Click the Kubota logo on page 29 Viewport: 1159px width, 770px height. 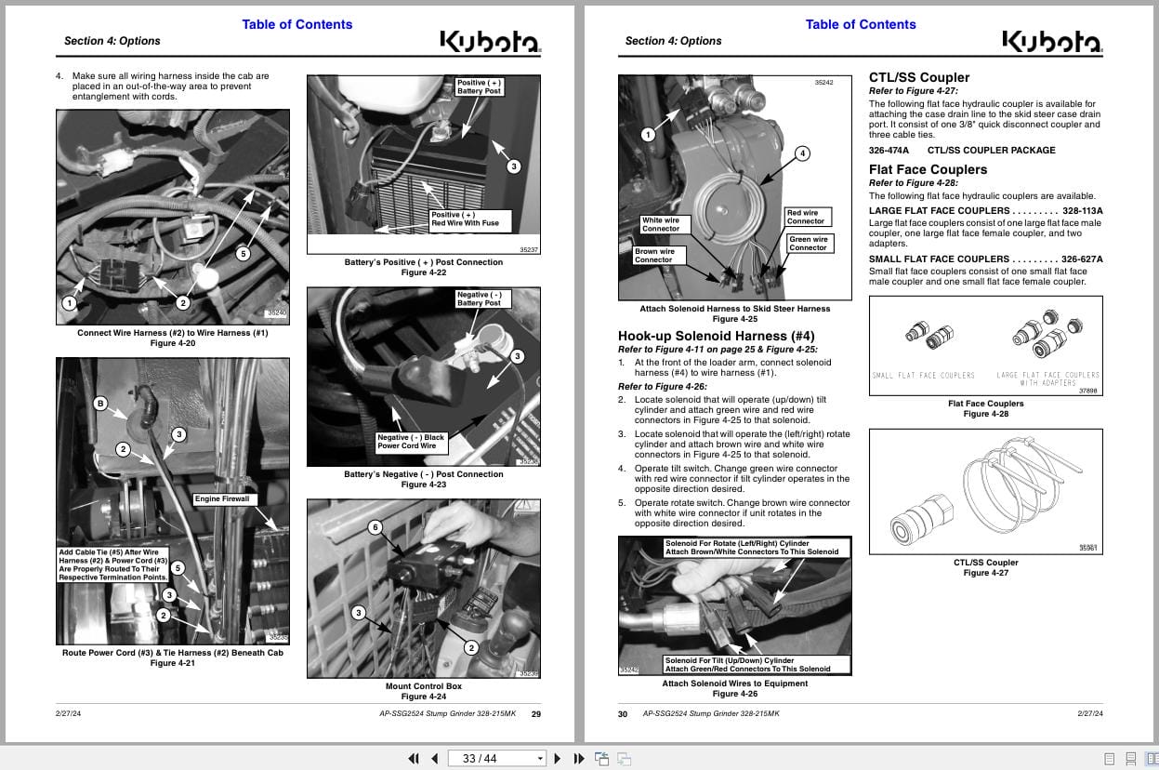point(489,42)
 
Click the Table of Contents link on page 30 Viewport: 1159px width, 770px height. point(860,24)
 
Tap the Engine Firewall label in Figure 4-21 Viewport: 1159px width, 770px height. point(222,499)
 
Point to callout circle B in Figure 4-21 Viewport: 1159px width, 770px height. point(100,404)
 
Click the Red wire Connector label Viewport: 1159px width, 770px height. point(805,217)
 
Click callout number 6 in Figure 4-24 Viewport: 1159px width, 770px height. point(375,527)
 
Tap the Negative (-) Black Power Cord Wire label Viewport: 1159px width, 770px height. point(411,442)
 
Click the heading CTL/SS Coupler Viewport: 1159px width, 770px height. point(918,77)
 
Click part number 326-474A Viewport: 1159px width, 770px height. point(889,150)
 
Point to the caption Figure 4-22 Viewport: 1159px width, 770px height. point(423,272)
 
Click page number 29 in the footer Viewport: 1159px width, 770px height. point(535,714)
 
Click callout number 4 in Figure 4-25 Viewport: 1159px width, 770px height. point(802,153)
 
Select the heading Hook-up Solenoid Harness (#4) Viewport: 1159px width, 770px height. point(716,336)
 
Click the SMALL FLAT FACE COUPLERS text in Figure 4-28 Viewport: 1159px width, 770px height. point(923,376)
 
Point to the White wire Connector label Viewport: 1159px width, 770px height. point(660,224)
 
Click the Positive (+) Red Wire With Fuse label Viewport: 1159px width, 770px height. point(465,219)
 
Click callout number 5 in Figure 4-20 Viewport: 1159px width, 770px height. point(243,253)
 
